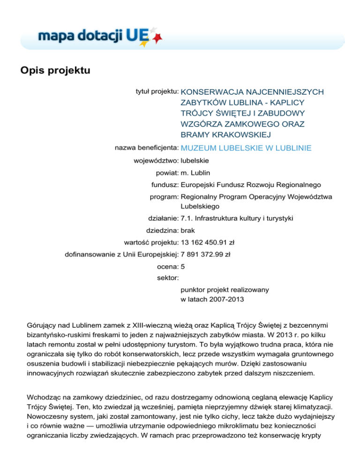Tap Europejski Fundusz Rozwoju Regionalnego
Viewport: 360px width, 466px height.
(251, 185)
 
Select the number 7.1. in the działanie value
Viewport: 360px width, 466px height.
(187, 218)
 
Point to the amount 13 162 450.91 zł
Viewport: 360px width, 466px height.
(208, 242)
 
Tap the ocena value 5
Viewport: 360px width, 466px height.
(183, 267)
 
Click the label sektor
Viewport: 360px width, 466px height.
(166, 278)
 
